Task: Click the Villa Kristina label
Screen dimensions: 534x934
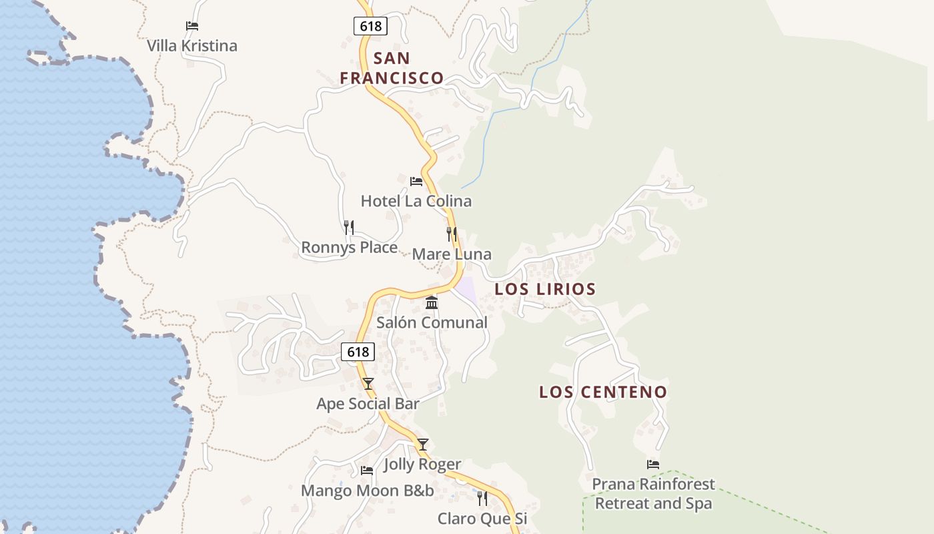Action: pos(192,46)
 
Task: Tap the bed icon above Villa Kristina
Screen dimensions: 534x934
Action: pos(192,26)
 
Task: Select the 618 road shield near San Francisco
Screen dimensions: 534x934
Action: pos(370,26)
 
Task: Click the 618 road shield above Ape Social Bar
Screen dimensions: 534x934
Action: pos(358,352)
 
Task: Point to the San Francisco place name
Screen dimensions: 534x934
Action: pos(392,68)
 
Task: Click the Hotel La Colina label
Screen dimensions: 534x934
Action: pos(416,201)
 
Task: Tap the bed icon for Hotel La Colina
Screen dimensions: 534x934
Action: pos(416,181)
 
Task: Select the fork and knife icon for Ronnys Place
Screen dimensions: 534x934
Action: pos(348,228)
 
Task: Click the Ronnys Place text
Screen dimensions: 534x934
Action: pos(349,248)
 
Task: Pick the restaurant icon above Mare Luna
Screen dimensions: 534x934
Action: pos(452,234)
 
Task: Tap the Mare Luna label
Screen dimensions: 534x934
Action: pos(452,254)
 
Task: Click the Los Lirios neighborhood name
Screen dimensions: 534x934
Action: pos(545,289)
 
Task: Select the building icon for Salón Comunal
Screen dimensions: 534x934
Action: pos(432,303)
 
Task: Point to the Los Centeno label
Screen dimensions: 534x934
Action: pos(603,392)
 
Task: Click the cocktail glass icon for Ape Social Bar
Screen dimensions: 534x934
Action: pos(368,384)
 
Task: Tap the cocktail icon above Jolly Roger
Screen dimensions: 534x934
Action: pos(422,445)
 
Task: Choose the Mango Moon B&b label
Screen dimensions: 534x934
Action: pos(367,491)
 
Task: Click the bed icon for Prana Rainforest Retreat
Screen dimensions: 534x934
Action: pos(653,464)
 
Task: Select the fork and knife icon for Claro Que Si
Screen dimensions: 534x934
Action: pos(482,499)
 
